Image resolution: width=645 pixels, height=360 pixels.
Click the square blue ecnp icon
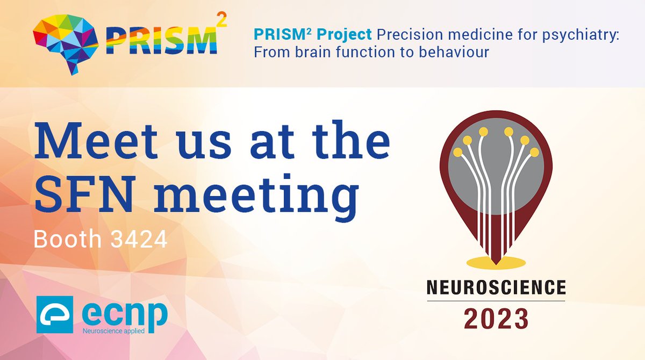[x=55, y=314]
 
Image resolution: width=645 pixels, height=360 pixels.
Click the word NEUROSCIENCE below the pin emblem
[x=496, y=288]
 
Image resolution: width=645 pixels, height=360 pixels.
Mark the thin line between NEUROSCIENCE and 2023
[x=496, y=301]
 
